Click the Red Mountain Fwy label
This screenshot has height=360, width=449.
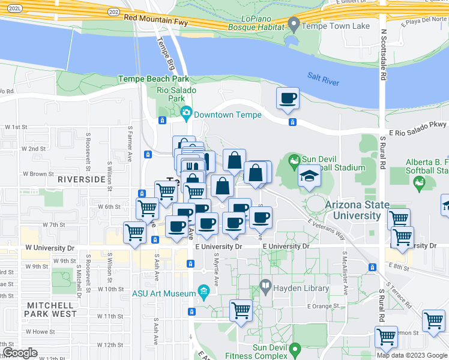pyautogui.click(x=155, y=19)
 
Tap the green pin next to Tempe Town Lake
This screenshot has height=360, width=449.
pyautogui.click(x=294, y=25)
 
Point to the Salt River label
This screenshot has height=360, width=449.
pyautogui.click(x=324, y=79)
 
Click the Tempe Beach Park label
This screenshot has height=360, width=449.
pyautogui.click(x=154, y=79)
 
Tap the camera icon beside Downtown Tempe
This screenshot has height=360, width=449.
pyautogui.click(x=186, y=112)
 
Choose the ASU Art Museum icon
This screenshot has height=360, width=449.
pyautogui.click(x=203, y=293)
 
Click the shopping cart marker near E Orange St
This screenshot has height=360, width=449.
pyautogui.click(x=241, y=311)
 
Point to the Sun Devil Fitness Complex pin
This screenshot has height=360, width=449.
pyautogui.click(x=294, y=348)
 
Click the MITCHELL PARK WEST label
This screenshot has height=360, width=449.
pyautogui.click(x=51, y=310)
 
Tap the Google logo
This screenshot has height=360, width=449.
pyautogui.click(x=20, y=352)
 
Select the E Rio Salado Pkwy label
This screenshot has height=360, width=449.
pyautogui.click(x=418, y=128)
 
